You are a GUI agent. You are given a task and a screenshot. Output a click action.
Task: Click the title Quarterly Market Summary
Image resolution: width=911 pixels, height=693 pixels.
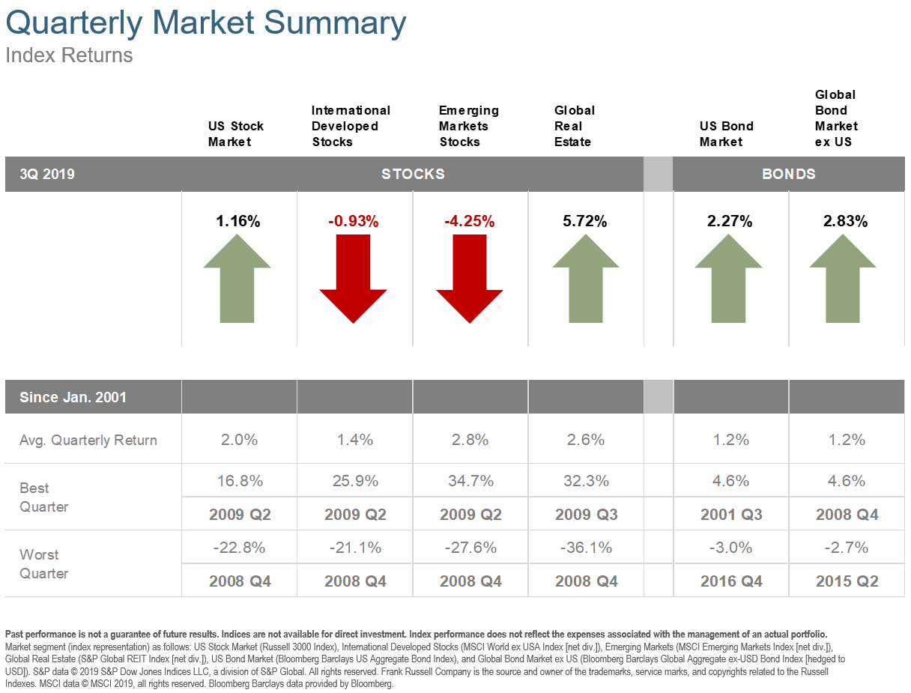coord(205,23)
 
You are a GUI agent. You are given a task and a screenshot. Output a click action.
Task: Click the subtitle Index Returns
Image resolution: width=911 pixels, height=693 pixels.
coord(69,55)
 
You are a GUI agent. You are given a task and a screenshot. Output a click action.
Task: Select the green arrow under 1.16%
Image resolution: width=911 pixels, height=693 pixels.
coord(237,278)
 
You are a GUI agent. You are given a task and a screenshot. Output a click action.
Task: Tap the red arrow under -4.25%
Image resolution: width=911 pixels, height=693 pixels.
coord(469,278)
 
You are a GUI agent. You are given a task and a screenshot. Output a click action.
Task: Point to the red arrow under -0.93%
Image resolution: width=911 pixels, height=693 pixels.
coord(353,278)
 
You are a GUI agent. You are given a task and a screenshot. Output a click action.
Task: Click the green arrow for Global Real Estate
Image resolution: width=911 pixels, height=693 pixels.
coord(585,278)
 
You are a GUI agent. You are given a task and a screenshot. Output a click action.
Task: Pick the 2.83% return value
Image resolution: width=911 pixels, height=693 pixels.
coord(845,221)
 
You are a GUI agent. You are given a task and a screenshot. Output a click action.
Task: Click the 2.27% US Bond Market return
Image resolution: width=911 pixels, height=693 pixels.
coord(730,221)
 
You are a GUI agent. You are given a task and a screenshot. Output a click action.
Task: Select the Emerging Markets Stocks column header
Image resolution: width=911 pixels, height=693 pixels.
coord(468,126)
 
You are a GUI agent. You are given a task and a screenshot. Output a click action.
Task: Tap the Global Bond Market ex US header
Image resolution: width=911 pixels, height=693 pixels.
coord(836,118)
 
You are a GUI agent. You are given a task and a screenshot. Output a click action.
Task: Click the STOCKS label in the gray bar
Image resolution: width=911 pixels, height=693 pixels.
coord(413,175)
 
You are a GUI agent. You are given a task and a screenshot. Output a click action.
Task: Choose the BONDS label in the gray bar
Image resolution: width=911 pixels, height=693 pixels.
coord(788,175)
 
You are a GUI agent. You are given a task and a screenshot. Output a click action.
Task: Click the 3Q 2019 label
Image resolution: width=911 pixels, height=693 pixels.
coord(47,175)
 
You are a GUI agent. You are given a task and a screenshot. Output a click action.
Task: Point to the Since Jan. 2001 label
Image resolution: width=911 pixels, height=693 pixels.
coord(73,397)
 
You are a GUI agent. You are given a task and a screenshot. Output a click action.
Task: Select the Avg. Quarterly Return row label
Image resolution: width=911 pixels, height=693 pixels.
coord(88,440)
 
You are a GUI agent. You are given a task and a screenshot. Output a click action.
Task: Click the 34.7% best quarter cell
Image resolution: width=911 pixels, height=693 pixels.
coord(470,481)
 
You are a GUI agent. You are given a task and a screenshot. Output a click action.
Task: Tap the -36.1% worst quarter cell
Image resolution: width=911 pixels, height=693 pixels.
coord(586,548)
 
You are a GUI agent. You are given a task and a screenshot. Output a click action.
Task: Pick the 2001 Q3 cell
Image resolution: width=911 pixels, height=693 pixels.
coord(731,515)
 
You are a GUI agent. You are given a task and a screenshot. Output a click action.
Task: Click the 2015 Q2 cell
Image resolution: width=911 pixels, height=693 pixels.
coord(847,581)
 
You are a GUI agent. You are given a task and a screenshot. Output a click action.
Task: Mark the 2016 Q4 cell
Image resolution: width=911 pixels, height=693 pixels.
coord(731,581)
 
